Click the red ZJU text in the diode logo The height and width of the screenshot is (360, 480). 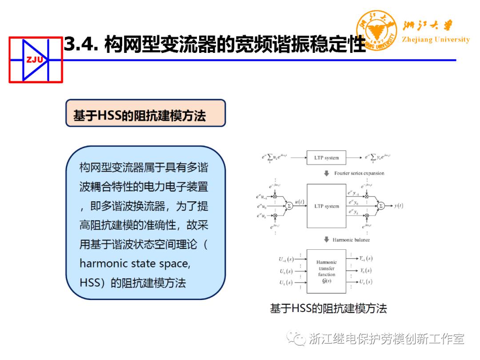[34, 60]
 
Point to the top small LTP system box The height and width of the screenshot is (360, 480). [326, 158]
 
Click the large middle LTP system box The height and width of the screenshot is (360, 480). [326, 206]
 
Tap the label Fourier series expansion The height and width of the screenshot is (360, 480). [359, 173]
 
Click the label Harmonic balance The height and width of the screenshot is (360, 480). [351, 240]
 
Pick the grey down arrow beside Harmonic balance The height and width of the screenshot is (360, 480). [327, 240]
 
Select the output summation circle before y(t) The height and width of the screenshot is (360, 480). [381, 206]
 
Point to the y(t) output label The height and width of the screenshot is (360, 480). [399, 206]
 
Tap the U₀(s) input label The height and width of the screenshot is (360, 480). [286, 271]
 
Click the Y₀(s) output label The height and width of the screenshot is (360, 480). [366, 271]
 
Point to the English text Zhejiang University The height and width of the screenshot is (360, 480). [436, 40]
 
